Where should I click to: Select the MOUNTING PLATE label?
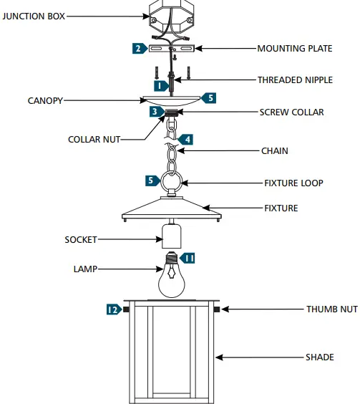pos(294,49)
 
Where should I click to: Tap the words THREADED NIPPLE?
pos(295,80)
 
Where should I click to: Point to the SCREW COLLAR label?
pos(292,112)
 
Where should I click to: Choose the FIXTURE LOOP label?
pos(293,183)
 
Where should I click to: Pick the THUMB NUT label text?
pos(331,309)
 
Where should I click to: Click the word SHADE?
pos(319,356)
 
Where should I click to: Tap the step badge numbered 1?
pos(162,85)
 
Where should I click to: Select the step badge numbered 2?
pos(137,49)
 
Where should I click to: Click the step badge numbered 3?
pos(155,112)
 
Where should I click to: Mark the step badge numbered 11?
pos(188,256)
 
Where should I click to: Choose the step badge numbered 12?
pos(112,309)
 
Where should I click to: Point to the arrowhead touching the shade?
pos(220,356)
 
